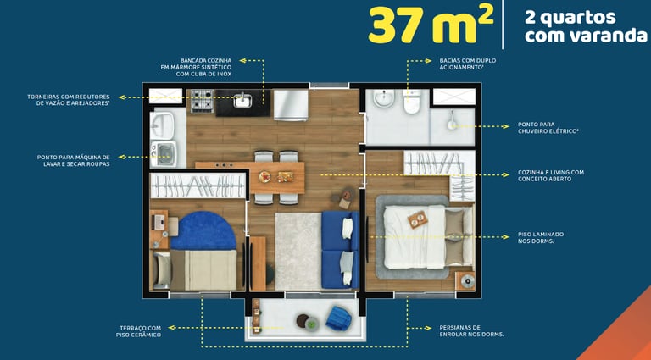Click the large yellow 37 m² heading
(x=431, y=24)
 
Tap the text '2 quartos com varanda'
(x=586, y=26)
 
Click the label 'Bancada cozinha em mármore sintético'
(x=196, y=67)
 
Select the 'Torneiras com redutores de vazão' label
(x=69, y=100)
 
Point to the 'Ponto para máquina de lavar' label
(x=74, y=160)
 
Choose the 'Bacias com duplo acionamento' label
(x=468, y=64)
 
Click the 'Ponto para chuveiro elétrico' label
(x=548, y=127)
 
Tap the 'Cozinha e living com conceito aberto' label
(x=550, y=175)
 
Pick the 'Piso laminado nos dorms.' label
(x=541, y=238)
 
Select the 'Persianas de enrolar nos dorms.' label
(x=471, y=330)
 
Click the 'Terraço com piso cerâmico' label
(x=138, y=331)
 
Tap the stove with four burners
(x=203, y=101)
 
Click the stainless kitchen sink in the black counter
(x=242, y=100)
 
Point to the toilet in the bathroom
(x=412, y=102)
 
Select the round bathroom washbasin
(x=382, y=99)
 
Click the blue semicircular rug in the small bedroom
(x=203, y=230)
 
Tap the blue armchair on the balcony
(x=338, y=318)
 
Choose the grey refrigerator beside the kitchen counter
(x=291, y=105)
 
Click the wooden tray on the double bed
(x=418, y=219)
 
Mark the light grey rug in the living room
(x=298, y=252)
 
